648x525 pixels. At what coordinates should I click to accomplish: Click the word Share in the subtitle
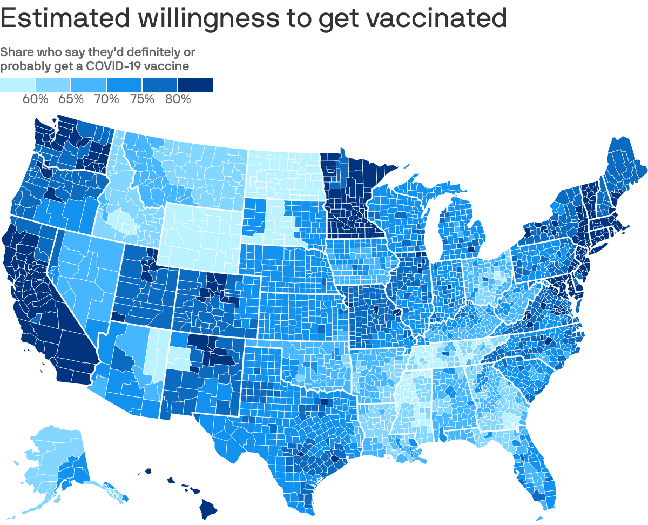coord(16,52)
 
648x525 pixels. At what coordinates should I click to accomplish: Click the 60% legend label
coord(36,99)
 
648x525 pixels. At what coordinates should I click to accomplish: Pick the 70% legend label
coord(106,99)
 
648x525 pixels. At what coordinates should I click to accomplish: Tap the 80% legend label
coord(178,99)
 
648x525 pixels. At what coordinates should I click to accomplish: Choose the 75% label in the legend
coord(142,99)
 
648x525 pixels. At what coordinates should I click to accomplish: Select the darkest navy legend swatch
coord(195,85)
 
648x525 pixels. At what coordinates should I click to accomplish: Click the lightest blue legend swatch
coord(17,85)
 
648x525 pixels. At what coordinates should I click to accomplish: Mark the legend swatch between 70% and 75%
coord(124,85)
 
